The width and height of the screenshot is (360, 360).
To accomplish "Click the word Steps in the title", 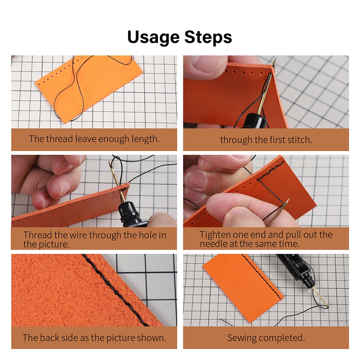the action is click(208, 37).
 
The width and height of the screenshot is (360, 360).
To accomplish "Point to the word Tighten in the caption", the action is click(215, 235).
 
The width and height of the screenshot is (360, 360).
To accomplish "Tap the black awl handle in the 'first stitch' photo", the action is click(255, 121).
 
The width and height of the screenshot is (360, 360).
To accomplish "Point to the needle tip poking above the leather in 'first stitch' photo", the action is click(274, 60).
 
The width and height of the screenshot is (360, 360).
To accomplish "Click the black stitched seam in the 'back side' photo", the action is click(115, 290).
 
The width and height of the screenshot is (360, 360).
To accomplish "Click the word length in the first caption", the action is click(145, 139).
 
